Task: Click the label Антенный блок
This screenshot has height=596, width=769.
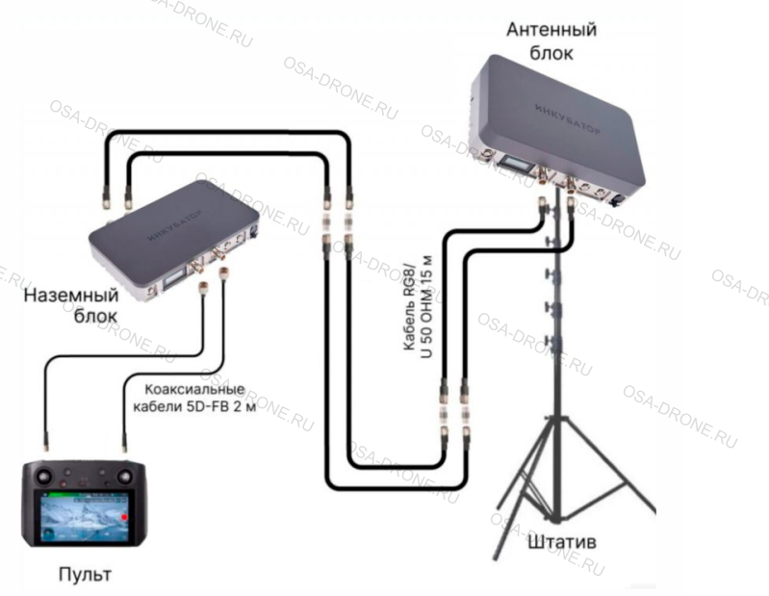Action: tap(551, 41)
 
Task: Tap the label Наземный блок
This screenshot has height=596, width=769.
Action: tap(64, 305)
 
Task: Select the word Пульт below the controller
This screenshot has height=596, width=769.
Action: tap(84, 575)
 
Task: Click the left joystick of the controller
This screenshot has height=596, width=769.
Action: tap(46, 476)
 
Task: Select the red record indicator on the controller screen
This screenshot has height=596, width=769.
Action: tap(125, 517)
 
